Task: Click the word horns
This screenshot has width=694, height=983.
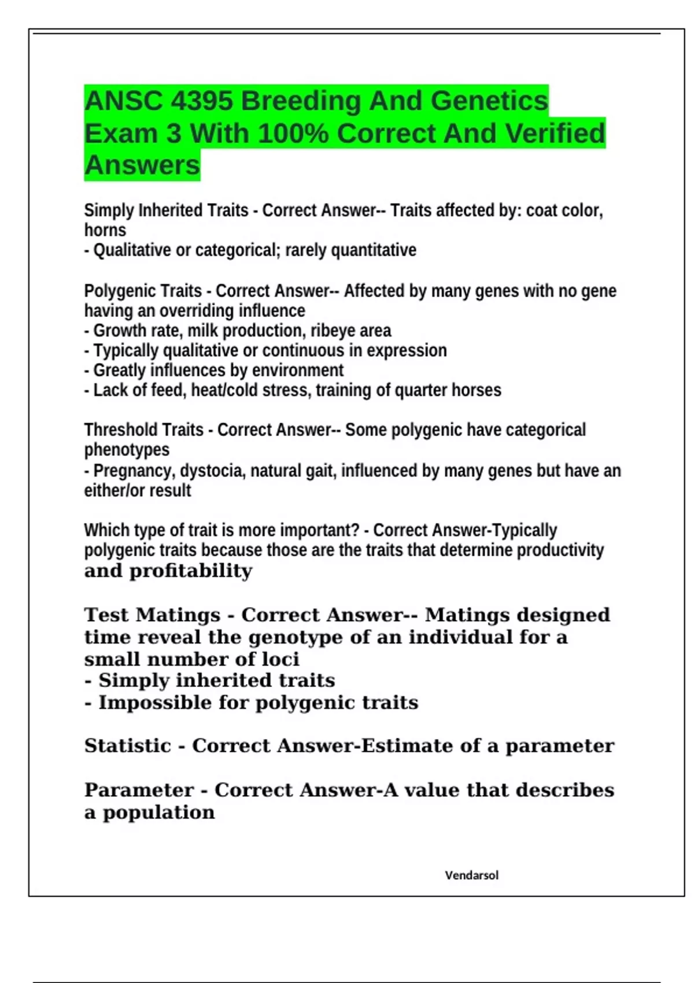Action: (105, 230)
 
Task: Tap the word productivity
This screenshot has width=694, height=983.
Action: (560, 550)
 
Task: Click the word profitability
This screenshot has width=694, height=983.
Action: (191, 571)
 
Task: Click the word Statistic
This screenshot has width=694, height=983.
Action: (127, 746)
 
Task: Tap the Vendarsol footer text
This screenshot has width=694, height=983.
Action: (471, 875)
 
